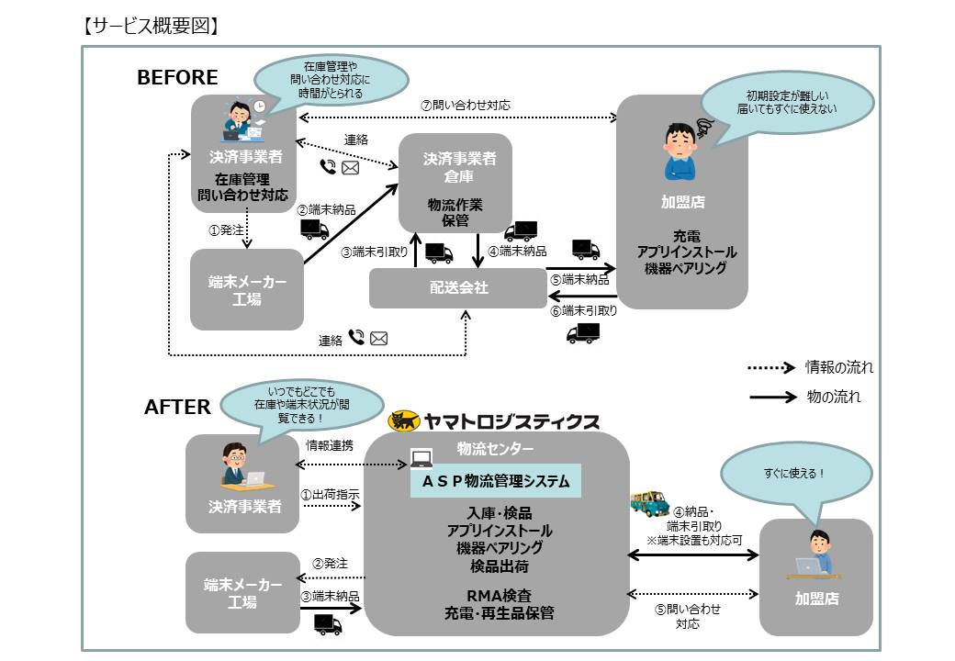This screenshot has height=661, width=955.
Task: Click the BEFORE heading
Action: coord(177,78)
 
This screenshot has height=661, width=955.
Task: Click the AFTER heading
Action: coord(177,407)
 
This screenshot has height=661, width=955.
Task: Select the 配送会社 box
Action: coord(458,288)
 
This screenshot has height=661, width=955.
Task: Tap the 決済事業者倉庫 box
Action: coord(455,184)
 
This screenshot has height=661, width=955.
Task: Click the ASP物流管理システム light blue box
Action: coord(496,480)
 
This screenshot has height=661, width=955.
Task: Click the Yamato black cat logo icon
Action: coord(404,421)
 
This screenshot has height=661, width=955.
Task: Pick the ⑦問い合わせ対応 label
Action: coord(465,106)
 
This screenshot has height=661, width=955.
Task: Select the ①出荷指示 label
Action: coord(331,494)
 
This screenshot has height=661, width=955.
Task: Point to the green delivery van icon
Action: coord(650,503)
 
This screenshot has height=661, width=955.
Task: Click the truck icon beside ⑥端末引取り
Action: coord(583,332)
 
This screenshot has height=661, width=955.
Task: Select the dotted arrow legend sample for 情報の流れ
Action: coord(770,367)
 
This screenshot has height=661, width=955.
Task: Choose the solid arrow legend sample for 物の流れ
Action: coord(770,398)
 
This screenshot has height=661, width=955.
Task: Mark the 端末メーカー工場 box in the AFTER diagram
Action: coord(242,594)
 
